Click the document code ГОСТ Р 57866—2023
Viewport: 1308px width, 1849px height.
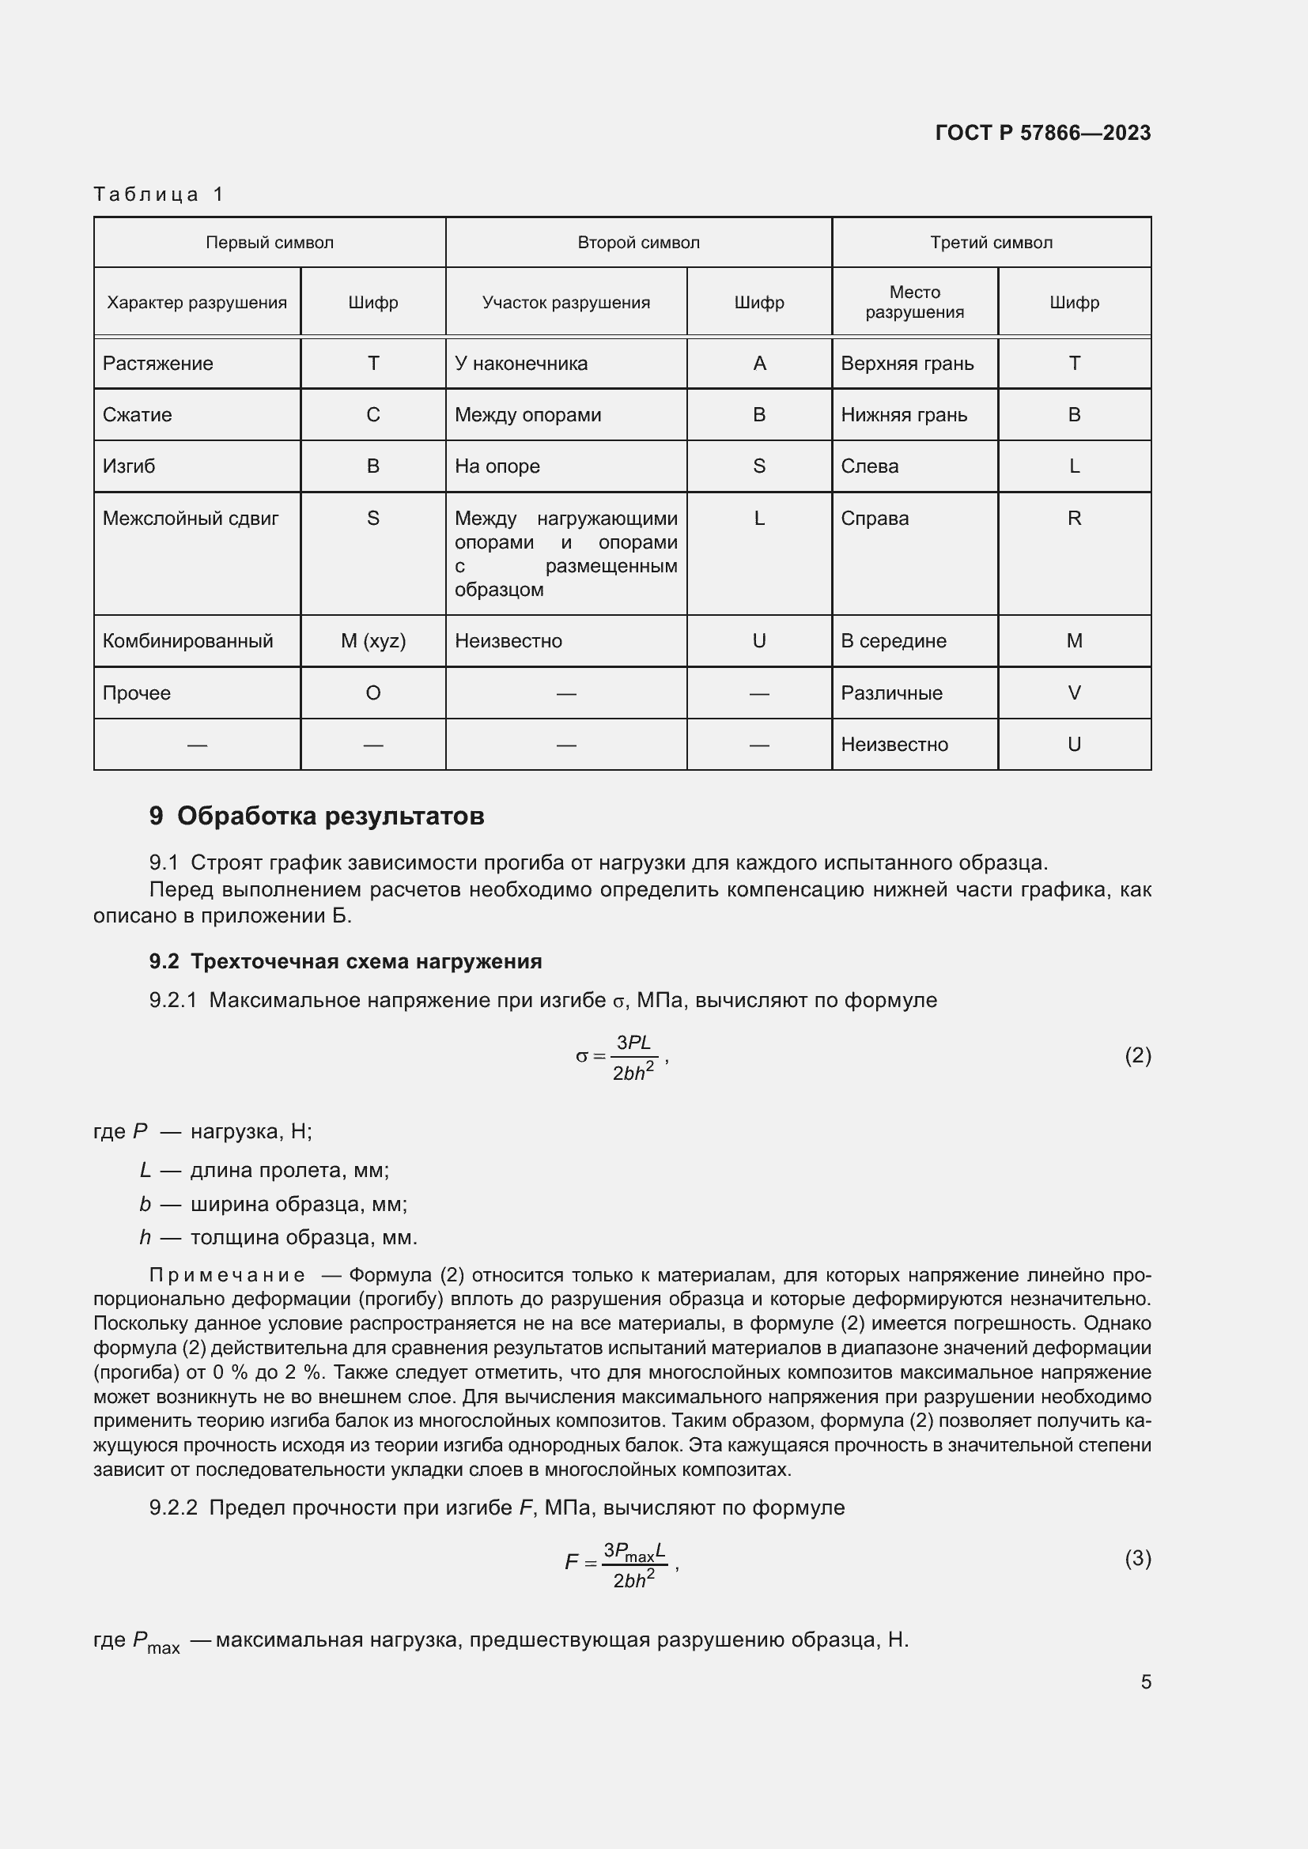(1042, 133)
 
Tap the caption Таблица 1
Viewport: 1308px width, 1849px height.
(159, 194)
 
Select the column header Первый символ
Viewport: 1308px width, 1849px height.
(269, 243)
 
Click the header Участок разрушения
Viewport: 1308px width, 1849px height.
(565, 302)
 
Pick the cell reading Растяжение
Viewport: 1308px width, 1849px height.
(158, 363)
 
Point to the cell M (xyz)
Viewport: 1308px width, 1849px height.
(373, 641)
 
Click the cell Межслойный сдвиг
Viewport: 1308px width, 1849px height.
(190, 518)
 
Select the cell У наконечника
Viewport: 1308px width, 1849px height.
(520, 363)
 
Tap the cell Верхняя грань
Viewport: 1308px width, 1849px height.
(907, 363)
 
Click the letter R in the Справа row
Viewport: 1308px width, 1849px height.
(1074, 518)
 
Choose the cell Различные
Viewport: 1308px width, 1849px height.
(890, 692)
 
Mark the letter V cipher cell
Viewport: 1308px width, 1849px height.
(1074, 692)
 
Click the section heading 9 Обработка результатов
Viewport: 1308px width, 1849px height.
(316, 816)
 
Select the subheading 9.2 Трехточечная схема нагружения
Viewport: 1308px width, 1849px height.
(345, 960)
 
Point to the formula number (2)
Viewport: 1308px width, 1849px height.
(1137, 1055)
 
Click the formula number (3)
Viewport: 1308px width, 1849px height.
(1137, 1558)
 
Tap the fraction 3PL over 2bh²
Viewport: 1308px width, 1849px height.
(633, 1057)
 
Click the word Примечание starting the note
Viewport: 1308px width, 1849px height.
(227, 1275)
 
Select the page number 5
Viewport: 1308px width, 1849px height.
(1145, 1681)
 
